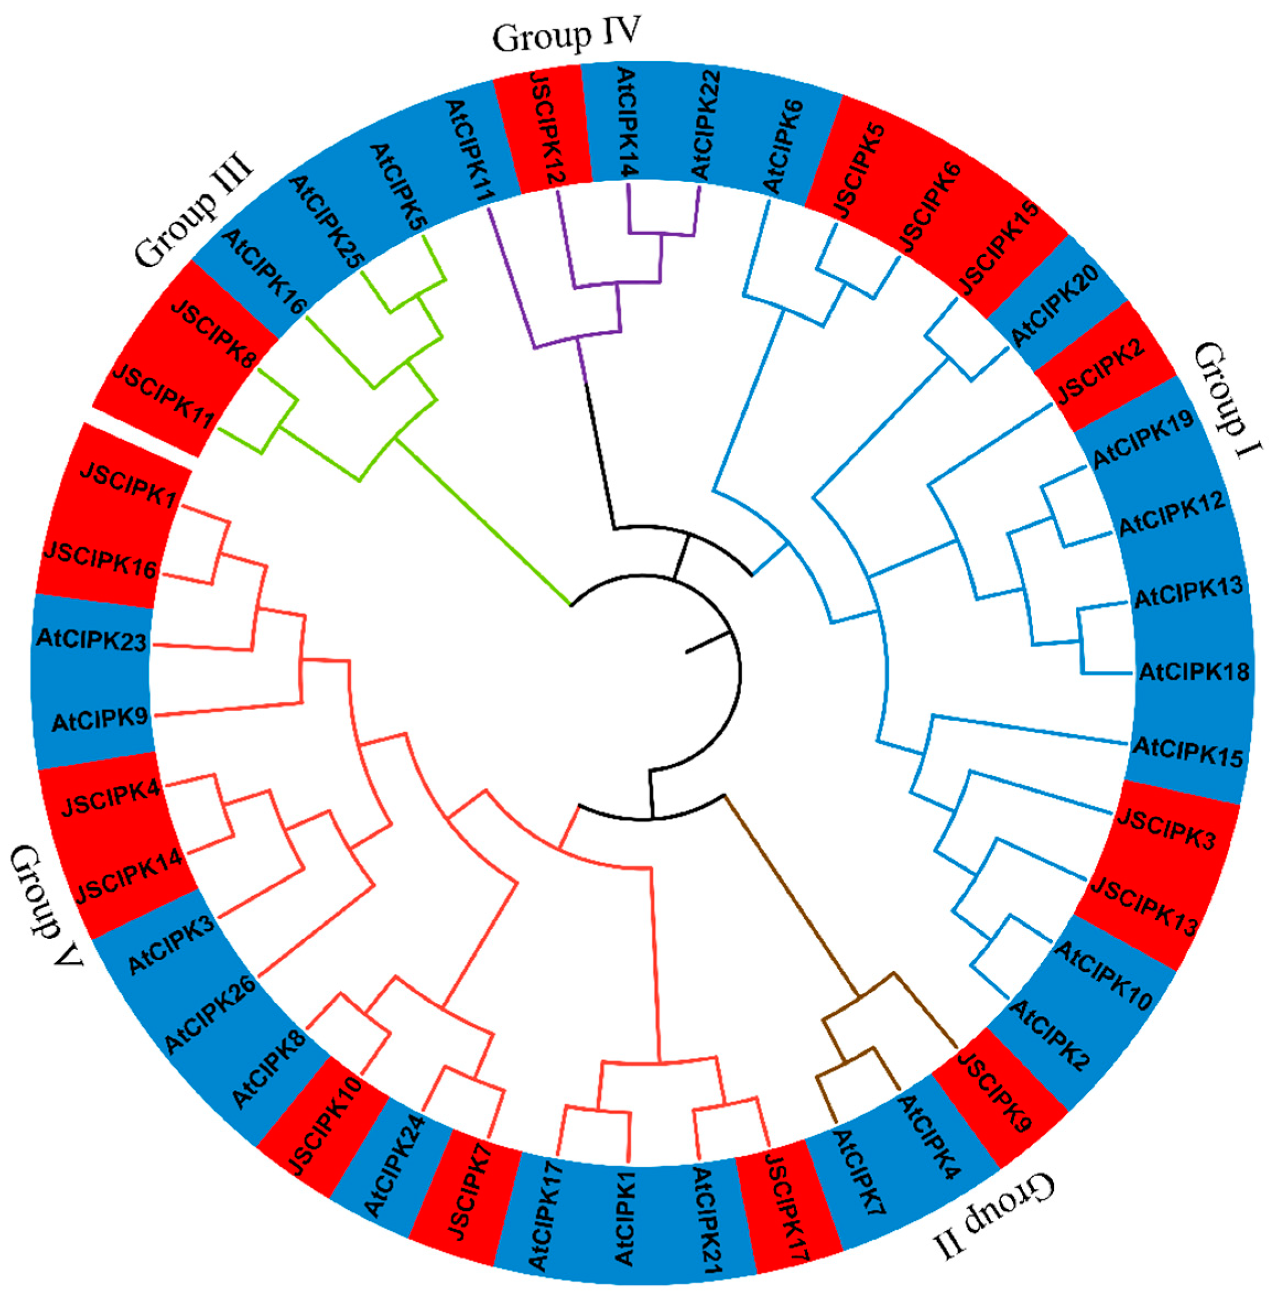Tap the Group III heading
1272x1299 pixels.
[x=195, y=211]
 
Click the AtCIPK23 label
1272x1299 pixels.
[x=91, y=641]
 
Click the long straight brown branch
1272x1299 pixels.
[x=789, y=893]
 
